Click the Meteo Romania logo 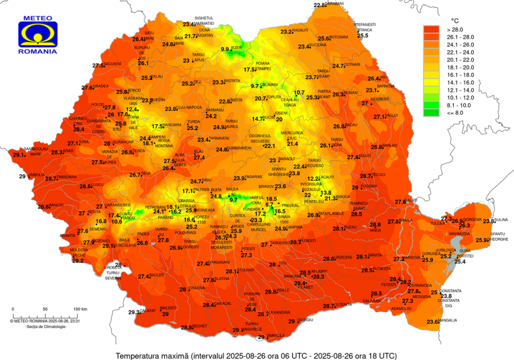(x=38, y=34)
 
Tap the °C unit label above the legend (x=455, y=21)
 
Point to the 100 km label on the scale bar (x=80, y=309)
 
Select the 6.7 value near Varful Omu (x=270, y=205)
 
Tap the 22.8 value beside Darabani (x=319, y=5)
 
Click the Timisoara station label (x=67, y=177)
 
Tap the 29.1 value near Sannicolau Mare (x=19, y=155)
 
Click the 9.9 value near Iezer (x=225, y=49)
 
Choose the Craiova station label (x=197, y=288)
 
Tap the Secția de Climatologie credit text (x=46, y=327)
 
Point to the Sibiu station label (x=207, y=180)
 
